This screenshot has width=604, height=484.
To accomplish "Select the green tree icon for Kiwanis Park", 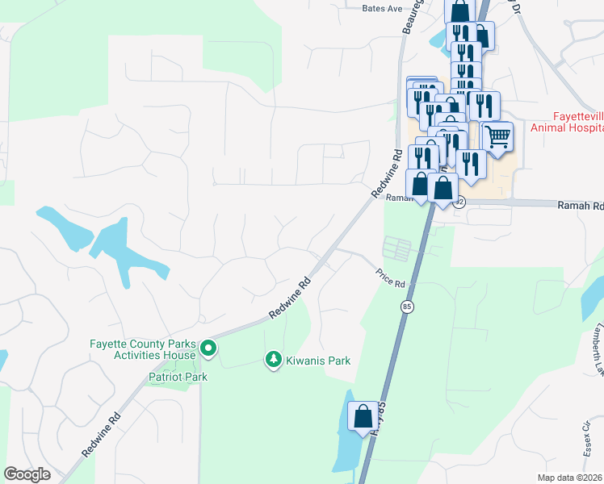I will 275,359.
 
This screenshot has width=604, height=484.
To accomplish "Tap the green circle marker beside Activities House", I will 208,348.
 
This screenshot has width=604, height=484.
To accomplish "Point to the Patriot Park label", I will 178,377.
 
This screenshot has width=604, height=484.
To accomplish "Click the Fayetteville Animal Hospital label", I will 567,122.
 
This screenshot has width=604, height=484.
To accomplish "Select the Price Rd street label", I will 390,277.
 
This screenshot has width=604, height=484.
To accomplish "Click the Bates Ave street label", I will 382,8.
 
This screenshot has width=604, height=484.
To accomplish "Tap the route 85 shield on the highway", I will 407,307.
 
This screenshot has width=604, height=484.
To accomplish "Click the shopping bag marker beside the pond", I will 363,417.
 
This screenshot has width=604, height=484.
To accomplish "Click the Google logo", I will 27,474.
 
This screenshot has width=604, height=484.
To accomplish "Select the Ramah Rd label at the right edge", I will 581,207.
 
